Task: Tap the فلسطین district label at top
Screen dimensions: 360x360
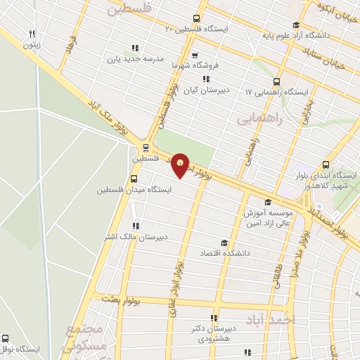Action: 131,9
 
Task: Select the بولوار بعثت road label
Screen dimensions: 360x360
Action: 120,300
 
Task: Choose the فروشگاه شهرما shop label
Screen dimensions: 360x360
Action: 195,65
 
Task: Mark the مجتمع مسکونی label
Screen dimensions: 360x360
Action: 86,337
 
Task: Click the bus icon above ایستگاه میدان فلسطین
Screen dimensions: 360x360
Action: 135,179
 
